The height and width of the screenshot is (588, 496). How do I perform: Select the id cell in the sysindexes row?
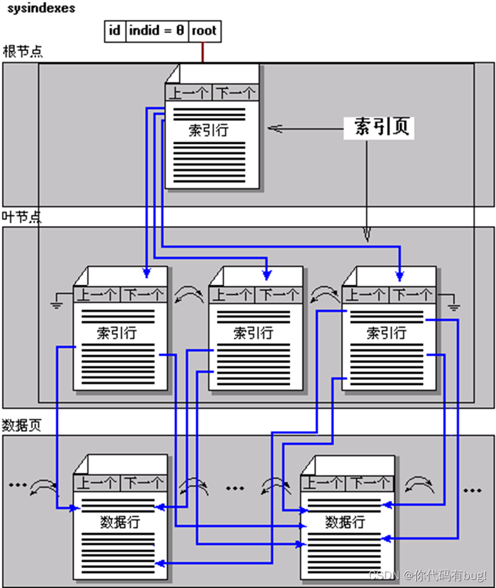point(115,31)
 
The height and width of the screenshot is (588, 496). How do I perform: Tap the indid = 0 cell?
point(156,31)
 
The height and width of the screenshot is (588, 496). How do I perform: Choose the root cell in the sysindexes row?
point(204,31)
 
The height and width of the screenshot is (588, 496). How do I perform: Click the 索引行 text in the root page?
point(209,131)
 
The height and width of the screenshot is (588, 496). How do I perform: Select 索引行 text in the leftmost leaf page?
point(117,333)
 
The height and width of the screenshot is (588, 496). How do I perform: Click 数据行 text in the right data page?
point(345,522)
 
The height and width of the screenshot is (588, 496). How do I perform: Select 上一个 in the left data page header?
point(97,483)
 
